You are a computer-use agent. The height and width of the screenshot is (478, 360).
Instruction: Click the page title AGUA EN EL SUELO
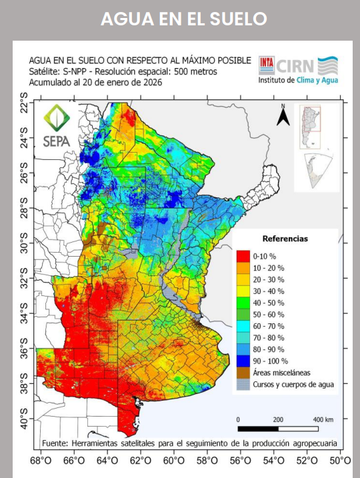(183, 19)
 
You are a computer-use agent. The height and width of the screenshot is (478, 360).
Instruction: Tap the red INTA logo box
(266, 65)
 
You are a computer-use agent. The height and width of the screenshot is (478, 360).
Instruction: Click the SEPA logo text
(57, 141)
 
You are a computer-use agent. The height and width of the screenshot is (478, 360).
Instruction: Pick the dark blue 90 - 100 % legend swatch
(243, 361)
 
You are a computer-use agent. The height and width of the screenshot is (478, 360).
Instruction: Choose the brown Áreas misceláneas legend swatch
(243, 373)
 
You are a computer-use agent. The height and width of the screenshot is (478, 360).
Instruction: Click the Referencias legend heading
(285, 239)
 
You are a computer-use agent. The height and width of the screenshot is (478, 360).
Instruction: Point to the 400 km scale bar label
(323, 419)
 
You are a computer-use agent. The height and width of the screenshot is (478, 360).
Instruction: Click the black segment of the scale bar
(257, 428)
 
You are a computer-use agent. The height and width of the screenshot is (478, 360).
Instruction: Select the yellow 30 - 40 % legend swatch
(243, 291)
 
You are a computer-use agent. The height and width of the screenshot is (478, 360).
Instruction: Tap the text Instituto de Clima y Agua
(297, 80)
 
